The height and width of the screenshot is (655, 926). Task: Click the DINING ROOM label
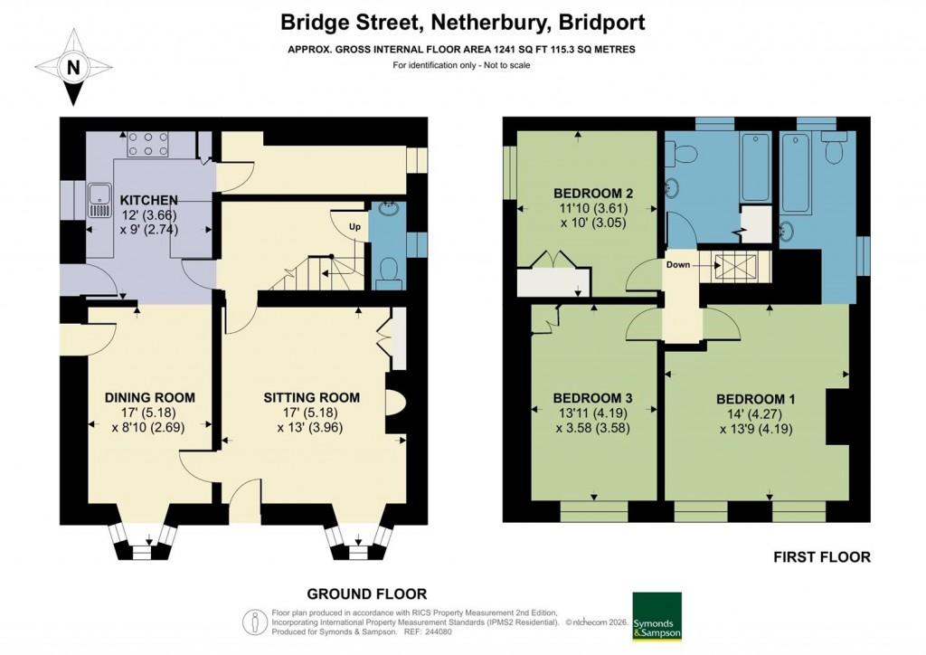pyautogui.click(x=150, y=398)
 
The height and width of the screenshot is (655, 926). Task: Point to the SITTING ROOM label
pyautogui.click(x=311, y=398)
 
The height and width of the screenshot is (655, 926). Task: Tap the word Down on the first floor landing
pyautogui.click(x=679, y=266)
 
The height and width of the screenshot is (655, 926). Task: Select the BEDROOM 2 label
pyautogui.click(x=592, y=194)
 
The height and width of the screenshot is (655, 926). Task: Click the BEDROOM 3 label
pyautogui.click(x=591, y=398)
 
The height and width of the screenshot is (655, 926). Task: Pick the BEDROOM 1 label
pyautogui.click(x=756, y=399)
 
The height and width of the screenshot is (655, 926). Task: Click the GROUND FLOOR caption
pyautogui.click(x=366, y=594)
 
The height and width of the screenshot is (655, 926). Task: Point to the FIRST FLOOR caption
pyautogui.click(x=822, y=557)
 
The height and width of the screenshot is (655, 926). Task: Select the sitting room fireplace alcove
pyautogui.click(x=396, y=400)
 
